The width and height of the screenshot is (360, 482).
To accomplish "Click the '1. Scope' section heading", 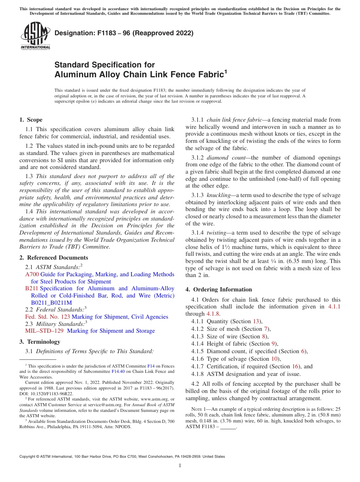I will [x=31, y=120].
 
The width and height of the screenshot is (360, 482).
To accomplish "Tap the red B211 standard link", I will [x=31, y=288].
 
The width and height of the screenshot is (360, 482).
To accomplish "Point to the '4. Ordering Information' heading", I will [x=219, y=290].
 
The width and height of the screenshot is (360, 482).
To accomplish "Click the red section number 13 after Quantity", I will [x=256, y=321].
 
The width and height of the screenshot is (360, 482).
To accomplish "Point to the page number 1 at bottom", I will [x=180, y=465].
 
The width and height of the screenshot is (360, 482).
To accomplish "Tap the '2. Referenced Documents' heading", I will [x=53, y=258].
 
